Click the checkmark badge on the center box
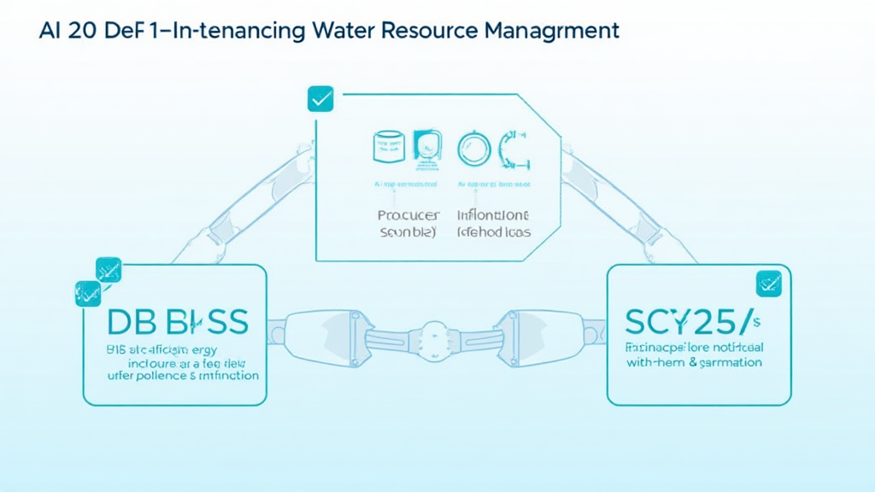tap(320, 99)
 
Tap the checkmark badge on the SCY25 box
tap(768, 283)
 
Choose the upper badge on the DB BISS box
tap(109, 270)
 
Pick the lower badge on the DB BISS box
tap(89, 293)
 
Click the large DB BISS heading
tap(178, 322)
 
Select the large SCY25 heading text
tap(691, 322)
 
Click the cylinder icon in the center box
tap(387, 147)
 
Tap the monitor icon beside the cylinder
tap(427, 147)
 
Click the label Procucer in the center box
tap(408, 214)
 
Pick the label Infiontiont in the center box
tap(493, 214)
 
